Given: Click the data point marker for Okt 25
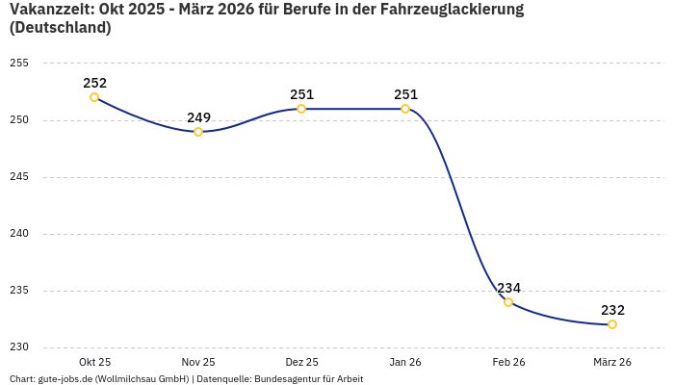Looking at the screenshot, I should tap(94, 97).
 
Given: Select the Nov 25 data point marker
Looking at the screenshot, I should tap(198, 132).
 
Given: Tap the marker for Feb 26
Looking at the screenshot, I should tap(508, 302).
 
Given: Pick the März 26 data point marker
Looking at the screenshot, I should tap(612, 324).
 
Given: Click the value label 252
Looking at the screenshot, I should tap(94, 83).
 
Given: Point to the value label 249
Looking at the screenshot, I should tap(198, 117).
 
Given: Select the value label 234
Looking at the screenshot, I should tap(508, 288).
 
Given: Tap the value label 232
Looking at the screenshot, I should tap(612, 310).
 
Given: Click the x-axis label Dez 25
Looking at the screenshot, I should tap(301, 362).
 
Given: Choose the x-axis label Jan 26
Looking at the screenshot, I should tap(405, 362).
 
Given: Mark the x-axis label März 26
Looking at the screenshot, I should tap(612, 362).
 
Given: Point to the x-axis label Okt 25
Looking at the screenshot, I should tap(94, 362).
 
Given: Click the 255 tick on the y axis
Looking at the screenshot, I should tap(19, 64).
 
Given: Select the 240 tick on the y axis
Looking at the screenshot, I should tap(19, 234).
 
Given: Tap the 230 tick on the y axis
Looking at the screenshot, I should tap(19, 347).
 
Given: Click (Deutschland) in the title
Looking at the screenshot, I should tap(60, 28).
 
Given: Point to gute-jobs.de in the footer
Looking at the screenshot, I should tap(66, 379).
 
